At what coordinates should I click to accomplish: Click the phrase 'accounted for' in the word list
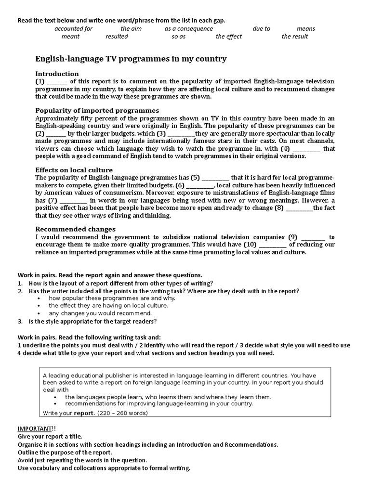[73, 29]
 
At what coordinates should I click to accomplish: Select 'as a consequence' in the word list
[188, 29]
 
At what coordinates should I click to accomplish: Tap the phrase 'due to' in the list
[261, 29]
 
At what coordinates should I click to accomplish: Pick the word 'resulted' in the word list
[117, 37]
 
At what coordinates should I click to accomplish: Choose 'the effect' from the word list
[229, 37]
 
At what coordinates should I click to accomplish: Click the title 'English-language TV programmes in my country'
[131, 59]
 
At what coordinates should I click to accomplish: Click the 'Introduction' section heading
[57, 74]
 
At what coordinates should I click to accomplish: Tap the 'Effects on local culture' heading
[74, 170]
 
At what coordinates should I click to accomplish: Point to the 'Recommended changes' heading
[75, 229]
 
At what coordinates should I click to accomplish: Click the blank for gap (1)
[57, 81]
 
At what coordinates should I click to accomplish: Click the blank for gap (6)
[199, 185]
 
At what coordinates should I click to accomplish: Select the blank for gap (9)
[313, 237]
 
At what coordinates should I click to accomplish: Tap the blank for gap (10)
[272, 245]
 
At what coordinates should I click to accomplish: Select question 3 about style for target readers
[92, 322]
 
